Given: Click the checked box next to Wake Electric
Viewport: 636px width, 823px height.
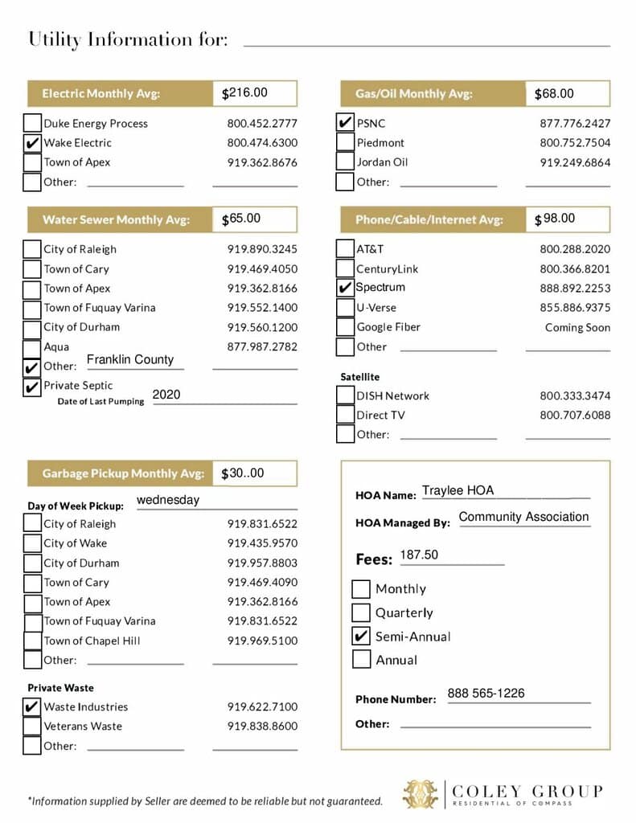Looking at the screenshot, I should point(32,143).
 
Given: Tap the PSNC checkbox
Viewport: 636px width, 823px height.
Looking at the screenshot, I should point(344,123).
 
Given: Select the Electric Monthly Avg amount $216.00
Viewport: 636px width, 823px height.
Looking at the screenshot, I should point(245,93).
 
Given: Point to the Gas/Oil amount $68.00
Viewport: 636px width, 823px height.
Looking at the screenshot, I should point(555,94).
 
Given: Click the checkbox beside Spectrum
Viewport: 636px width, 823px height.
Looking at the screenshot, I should point(344,288).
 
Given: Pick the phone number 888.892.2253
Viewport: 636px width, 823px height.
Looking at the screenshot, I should point(575,288).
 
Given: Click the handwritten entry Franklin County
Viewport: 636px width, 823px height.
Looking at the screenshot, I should point(130,360).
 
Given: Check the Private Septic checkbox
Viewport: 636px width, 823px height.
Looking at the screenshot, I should point(32,387).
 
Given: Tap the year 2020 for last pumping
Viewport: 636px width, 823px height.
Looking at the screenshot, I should point(166,395).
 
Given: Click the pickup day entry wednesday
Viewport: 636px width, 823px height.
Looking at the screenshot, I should point(168,500).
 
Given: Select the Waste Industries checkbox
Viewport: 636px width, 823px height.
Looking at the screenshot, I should point(32,707).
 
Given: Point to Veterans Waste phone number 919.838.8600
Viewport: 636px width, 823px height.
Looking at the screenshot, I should point(262,727).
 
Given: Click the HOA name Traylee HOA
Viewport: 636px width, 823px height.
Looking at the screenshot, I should point(458,490).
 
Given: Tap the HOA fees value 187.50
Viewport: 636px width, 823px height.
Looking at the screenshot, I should point(419,555).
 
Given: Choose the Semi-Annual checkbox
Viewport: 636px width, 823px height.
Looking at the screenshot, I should point(361,637).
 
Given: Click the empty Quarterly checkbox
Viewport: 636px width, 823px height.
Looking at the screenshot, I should point(361,612).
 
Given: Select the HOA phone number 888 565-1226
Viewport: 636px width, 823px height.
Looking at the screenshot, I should point(486,694).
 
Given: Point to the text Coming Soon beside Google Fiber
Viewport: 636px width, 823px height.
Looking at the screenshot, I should point(577,328).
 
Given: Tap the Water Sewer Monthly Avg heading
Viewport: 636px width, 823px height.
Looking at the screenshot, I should point(116,219).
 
